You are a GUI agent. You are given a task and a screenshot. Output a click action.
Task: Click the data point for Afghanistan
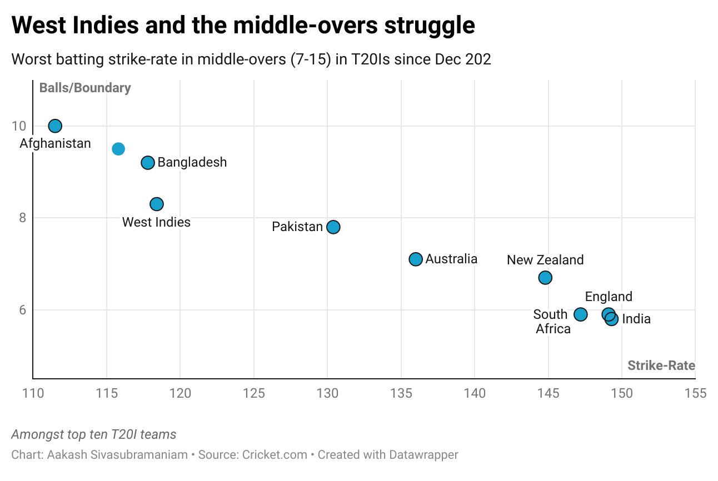coord(55,126)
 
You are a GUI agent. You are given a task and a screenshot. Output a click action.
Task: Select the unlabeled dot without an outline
coord(118,149)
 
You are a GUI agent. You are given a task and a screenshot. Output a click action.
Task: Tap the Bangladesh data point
coord(148,163)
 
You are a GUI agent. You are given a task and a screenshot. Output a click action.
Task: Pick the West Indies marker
coord(157,204)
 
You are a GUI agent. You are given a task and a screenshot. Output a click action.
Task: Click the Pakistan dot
coord(333,227)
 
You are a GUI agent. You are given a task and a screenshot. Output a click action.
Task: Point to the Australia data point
coord(416,259)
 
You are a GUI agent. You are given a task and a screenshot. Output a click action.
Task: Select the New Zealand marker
coord(545,277)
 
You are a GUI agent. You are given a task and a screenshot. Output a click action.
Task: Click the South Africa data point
coord(580,314)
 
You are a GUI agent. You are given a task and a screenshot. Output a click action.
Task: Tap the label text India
coord(636,319)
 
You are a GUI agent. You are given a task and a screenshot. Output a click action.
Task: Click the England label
coord(609,297)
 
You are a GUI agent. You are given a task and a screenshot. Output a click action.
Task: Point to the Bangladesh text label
coord(192,163)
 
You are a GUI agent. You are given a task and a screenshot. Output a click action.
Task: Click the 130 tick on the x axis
coord(327,394)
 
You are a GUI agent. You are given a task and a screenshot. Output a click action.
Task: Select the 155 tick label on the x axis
coord(695,394)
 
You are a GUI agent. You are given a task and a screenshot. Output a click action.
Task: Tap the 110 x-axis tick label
coord(33,394)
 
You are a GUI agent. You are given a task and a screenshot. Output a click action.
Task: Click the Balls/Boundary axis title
coord(85,88)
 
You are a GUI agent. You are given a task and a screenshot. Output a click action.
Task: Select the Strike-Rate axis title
coord(661,365)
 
